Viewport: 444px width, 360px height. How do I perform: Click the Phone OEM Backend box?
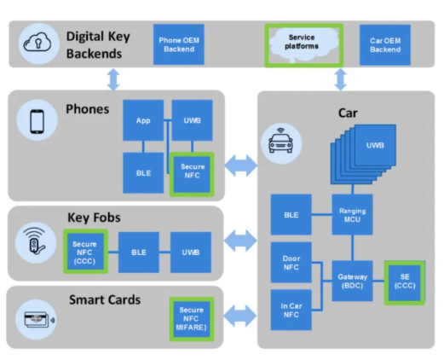[x=179, y=44]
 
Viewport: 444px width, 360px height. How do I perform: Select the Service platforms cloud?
[x=303, y=44]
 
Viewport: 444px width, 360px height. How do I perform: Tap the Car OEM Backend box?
[x=385, y=45]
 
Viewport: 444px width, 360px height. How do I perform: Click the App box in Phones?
[x=143, y=120]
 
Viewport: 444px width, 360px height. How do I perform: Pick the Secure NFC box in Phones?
[x=192, y=174]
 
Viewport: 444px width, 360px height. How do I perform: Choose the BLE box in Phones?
[x=143, y=173]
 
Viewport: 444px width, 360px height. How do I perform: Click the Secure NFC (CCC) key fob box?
[x=85, y=252]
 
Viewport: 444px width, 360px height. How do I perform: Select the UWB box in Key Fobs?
[x=191, y=253]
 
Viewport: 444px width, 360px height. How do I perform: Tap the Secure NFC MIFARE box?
[x=192, y=319]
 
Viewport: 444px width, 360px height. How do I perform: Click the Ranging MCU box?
[x=352, y=215]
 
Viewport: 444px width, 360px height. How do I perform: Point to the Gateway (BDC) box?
[x=352, y=281]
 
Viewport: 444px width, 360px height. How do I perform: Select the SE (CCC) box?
[x=405, y=282]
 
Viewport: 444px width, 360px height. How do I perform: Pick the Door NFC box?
[x=291, y=263]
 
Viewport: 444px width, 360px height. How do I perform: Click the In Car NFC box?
[x=291, y=310]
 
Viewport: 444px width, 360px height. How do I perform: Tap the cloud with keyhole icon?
[x=37, y=43]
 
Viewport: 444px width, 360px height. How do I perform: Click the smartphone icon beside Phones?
[x=37, y=121]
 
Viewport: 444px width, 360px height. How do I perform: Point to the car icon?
[x=280, y=141]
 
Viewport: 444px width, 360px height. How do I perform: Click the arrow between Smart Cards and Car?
[x=240, y=316]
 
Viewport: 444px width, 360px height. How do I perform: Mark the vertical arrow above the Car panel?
[x=341, y=79]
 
